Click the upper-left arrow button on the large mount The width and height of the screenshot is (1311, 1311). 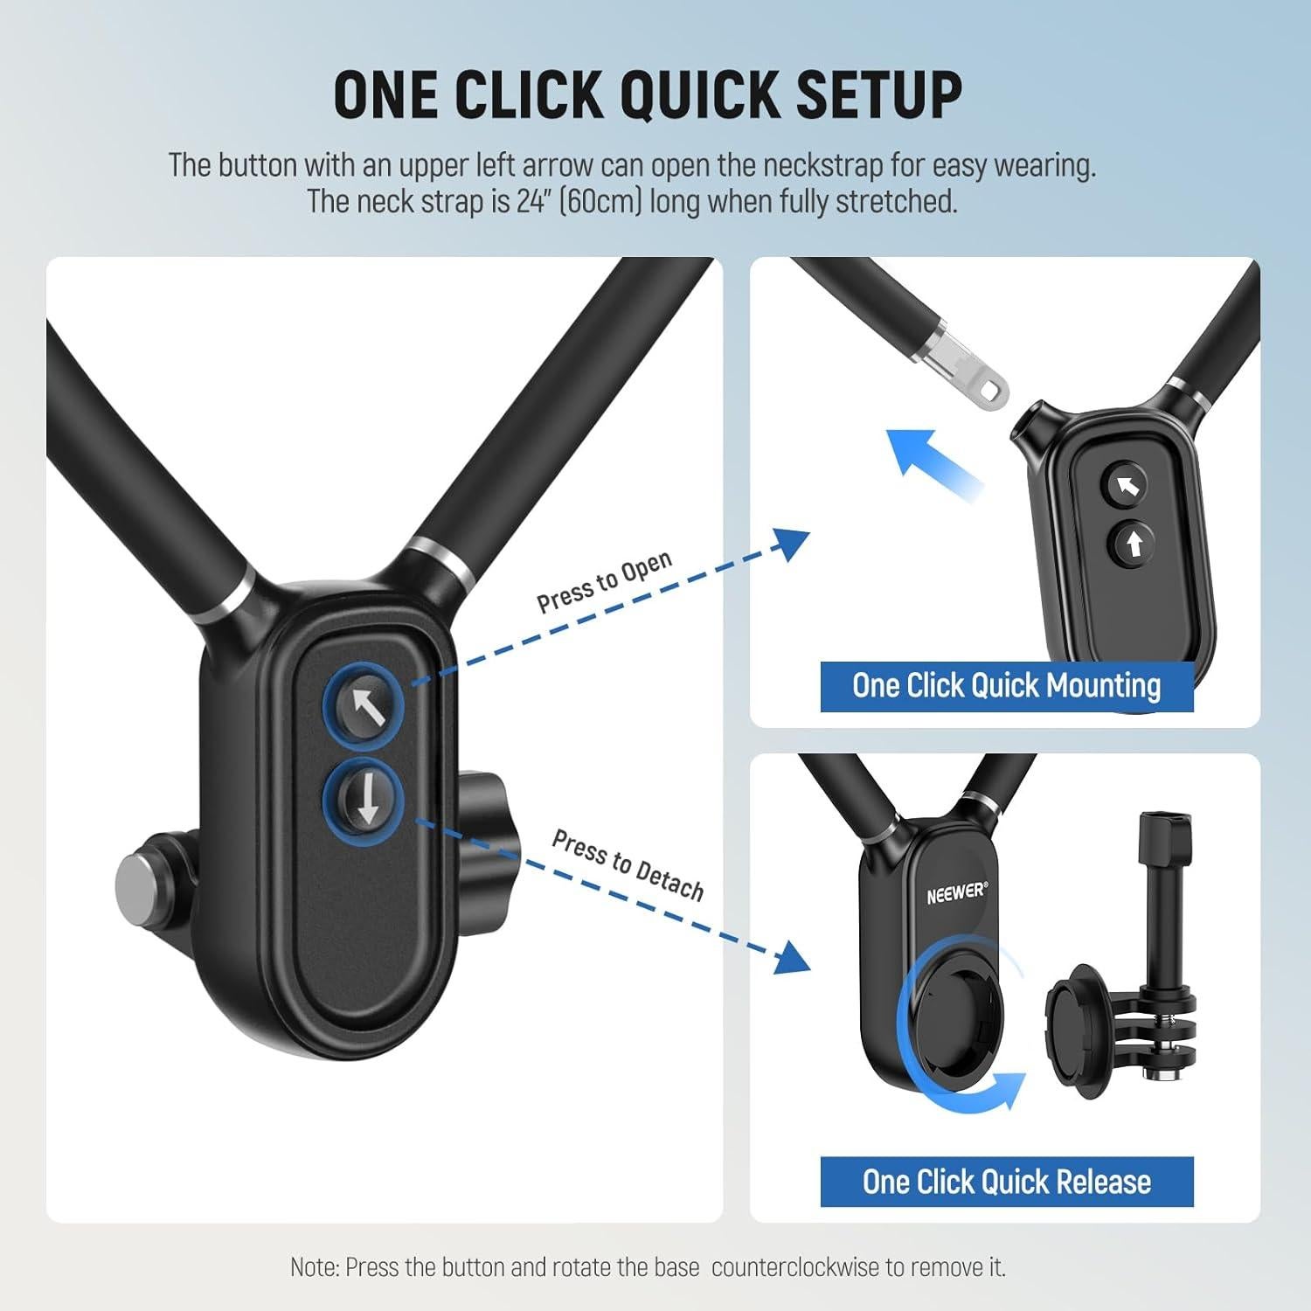(x=365, y=706)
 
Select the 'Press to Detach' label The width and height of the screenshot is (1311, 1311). (x=628, y=864)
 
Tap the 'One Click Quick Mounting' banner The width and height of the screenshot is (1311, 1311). (x=1006, y=686)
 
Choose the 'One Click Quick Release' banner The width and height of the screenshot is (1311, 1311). (x=1006, y=1182)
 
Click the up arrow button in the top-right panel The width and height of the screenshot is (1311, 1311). (x=1134, y=545)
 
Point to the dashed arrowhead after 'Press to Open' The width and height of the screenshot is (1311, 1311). (x=791, y=545)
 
